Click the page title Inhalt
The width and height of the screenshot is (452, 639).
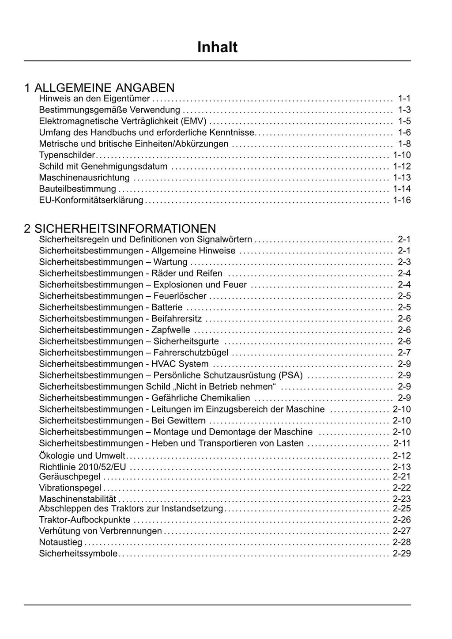click(217, 47)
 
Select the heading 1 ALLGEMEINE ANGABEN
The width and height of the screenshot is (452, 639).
click(99, 87)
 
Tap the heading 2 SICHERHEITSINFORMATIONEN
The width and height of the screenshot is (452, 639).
click(120, 228)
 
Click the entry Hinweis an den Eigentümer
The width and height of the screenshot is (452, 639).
click(94, 98)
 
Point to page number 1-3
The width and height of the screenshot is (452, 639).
click(404, 110)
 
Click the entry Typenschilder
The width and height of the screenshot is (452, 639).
click(67, 155)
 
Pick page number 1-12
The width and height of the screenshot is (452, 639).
click(402, 166)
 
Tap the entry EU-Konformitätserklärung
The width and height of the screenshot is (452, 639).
click(91, 200)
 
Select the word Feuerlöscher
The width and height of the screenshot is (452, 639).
click(180, 296)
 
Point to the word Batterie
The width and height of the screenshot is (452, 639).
click(167, 307)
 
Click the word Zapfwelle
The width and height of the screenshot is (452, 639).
click(171, 330)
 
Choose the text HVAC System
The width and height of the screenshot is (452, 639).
click(180, 364)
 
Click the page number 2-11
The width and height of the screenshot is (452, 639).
click(402, 443)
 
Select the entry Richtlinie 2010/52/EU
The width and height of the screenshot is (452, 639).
click(83, 467)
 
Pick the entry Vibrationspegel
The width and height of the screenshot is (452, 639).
click(70, 488)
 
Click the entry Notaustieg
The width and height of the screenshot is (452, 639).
click(60, 542)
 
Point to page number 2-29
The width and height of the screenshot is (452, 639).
click(402, 554)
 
